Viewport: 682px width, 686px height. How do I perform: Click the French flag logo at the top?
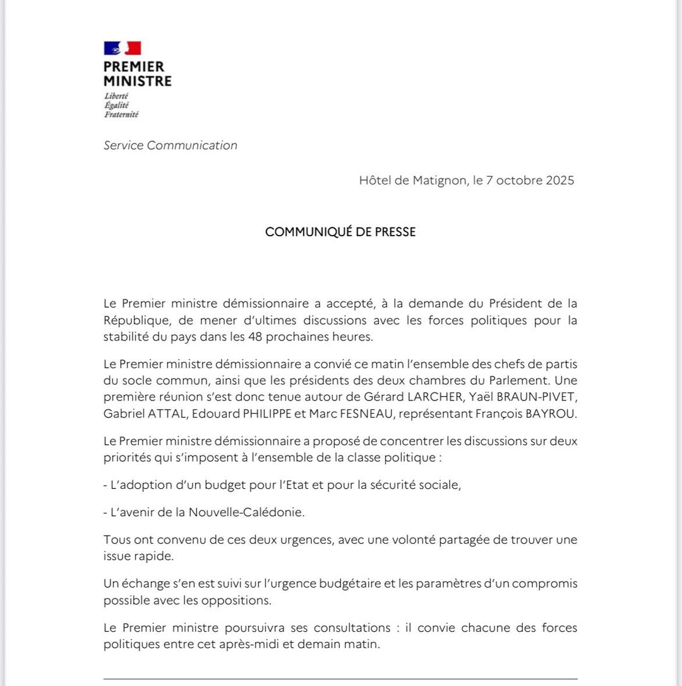pyautogui.click(x=123, y=48)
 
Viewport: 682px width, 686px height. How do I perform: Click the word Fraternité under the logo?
pyautogui.click(x=121, y=114)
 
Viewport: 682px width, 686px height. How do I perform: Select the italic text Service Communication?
pyautogui.click(x=170, y=145)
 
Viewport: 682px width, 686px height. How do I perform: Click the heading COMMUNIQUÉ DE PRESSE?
pyautogui.click(x=340, y=232)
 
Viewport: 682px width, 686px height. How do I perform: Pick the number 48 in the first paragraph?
pyautogui.click(x=274, y=336)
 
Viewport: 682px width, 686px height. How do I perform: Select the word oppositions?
pyautogui.click(x=236, y=600)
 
